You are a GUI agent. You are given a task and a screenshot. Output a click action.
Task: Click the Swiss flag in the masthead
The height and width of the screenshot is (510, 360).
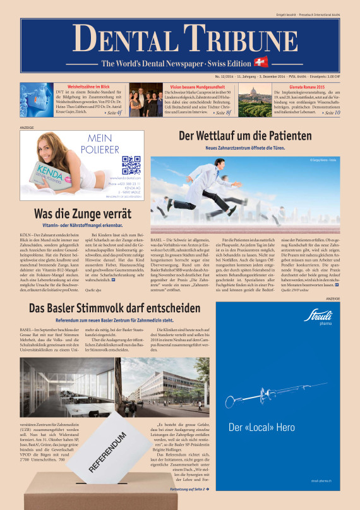pyautogui.click(x=260, y=62)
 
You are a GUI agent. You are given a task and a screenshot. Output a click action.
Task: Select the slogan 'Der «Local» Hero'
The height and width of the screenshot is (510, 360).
pyautogui.click(x=261, y=427)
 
